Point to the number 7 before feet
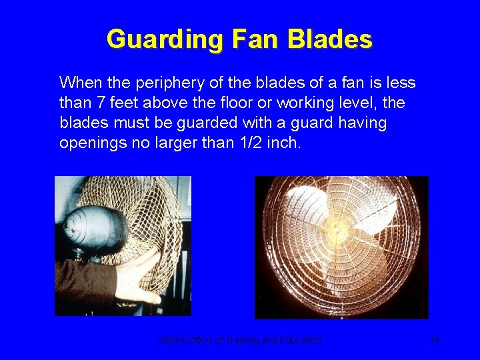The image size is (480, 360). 93,103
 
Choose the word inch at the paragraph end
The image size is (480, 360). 283,143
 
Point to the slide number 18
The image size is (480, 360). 434,340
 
